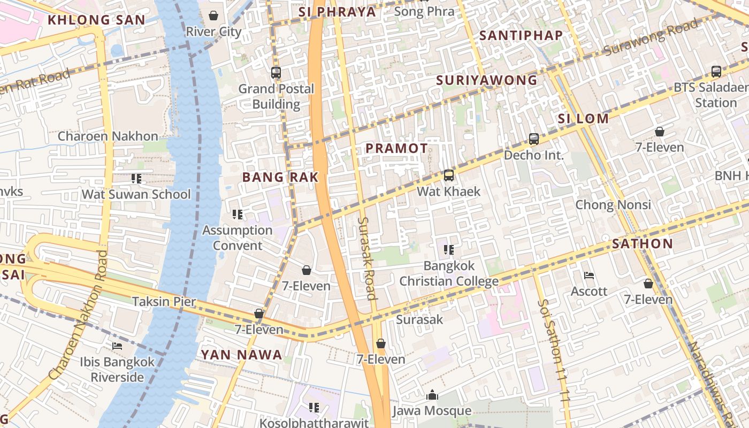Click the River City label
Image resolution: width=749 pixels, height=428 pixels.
[213, 32]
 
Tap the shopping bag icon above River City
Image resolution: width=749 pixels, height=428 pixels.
[213, 16]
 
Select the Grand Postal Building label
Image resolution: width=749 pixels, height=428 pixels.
[276, 96]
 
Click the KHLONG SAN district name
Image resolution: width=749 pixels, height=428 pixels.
[96, 20]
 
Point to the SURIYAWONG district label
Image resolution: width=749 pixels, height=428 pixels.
[486, 80]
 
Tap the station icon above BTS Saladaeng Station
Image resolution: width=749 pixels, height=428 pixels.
[716, 71]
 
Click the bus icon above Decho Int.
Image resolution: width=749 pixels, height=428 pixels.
[533, 139]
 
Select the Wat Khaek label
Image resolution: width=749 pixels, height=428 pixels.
[448, 191]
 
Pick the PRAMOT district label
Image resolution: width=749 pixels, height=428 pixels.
[396, 149]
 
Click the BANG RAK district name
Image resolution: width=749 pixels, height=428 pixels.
[280, 177]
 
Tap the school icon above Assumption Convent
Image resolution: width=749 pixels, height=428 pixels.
[238, 215]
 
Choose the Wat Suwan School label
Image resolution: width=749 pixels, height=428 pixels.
[136, 194]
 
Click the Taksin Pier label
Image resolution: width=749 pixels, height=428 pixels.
[164, 301]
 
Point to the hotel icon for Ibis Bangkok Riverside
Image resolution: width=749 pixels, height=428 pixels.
[117, 346]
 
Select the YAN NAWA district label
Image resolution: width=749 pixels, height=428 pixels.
[241, 354]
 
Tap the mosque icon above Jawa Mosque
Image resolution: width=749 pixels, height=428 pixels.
[432, 395]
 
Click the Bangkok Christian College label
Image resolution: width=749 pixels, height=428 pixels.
[449, 273]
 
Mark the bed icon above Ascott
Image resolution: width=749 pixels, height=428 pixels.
[589, 276]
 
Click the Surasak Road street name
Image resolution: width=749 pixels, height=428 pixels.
[367, 258]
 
